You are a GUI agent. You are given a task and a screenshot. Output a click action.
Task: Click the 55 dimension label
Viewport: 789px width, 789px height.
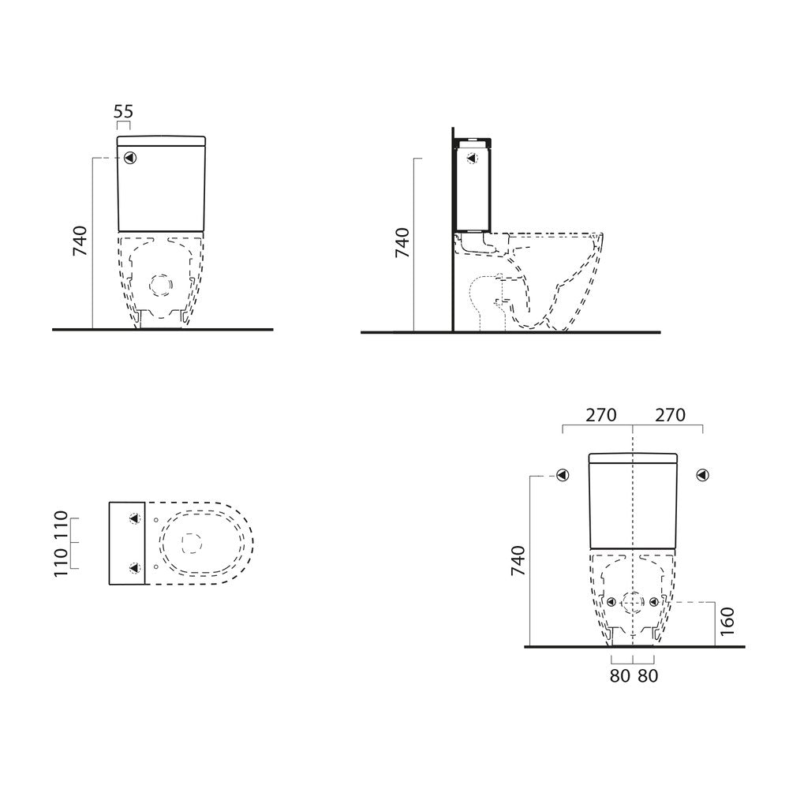click(x=123, y=110)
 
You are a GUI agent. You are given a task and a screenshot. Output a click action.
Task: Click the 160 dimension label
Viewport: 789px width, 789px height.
click(x=727, y=622)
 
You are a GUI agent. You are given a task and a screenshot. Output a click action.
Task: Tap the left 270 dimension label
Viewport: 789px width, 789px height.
click(x=600, y=415)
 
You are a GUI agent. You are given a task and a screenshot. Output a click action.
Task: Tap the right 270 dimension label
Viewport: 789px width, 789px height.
click(x=670, y=415)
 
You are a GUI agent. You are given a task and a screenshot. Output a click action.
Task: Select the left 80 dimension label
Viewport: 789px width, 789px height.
click(x=620, y=676)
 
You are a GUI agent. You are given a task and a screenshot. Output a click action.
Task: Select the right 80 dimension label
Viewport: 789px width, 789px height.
click(x=648, y=676)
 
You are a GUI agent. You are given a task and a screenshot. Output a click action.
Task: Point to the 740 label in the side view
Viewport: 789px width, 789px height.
click(x=402, y=242)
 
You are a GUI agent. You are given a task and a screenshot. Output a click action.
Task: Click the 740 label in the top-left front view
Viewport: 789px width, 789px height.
click(x=80, y=241)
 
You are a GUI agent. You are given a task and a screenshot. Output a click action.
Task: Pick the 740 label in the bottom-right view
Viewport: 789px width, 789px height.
click(x=518, y=560)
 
